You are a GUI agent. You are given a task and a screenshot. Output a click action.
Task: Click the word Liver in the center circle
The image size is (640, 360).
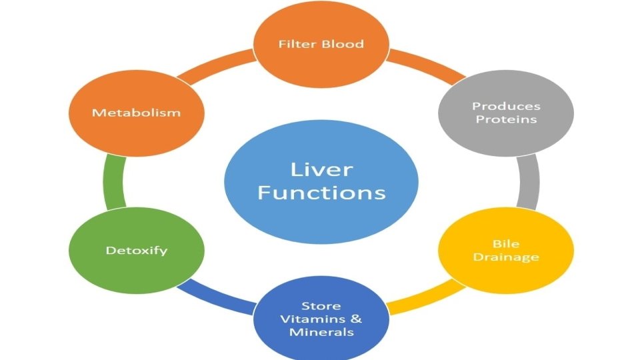point(321,169)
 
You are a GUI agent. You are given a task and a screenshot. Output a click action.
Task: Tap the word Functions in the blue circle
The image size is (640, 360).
point(321,193)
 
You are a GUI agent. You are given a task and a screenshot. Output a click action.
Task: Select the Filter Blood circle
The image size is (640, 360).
point(321,45)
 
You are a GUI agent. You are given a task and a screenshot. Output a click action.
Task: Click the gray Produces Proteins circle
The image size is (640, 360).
point(505,113)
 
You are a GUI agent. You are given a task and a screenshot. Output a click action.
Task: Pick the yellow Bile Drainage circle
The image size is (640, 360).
point(505,251)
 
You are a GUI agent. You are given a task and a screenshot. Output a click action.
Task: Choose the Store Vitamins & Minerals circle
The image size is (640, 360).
point(321,319)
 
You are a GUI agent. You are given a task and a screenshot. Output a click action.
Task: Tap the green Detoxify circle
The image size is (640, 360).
point(136,251)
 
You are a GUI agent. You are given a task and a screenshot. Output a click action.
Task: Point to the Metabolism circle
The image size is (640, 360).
point(136,113)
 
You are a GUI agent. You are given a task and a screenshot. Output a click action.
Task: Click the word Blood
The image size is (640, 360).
point(342,45)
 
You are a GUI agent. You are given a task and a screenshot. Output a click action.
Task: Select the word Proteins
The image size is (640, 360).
point(506,120)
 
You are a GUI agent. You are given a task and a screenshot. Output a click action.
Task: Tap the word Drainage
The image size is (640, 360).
point(506,257)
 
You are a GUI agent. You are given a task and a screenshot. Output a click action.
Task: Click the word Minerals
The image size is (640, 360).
point(321,331)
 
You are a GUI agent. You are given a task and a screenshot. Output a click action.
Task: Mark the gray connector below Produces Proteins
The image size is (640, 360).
point(528,181)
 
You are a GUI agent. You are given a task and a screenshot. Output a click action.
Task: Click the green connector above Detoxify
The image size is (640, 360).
point(113,181)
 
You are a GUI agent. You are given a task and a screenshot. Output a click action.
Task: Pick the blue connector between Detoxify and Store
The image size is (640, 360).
point(220,300)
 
